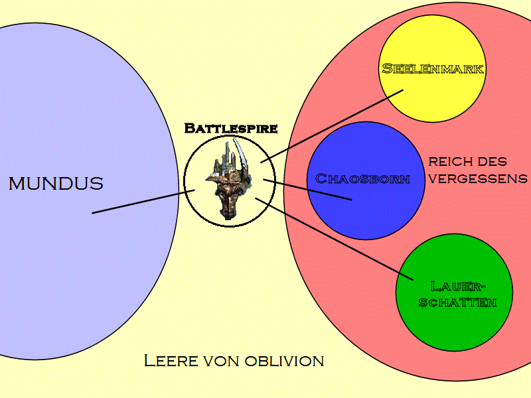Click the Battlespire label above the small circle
coord(230,128)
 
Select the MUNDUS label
coord(56,184)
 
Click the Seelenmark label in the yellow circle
coord(433,68)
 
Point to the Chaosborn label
coord(362,178)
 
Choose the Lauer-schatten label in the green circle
coord(455,295)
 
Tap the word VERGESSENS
coord(478,178)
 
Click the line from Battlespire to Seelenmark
coord(332,126)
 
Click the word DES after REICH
coord(494,161)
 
